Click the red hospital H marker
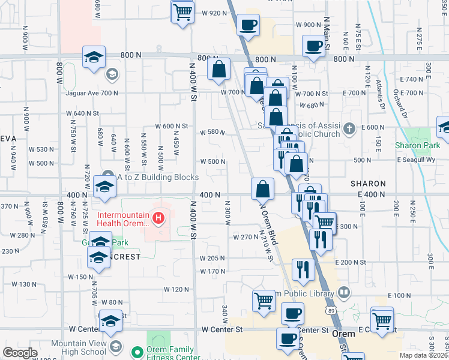pos(158,218)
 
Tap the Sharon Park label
pos(418,145)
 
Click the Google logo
pos(20,353)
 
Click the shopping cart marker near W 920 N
pos(183,12)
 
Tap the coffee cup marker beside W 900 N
pos(248,25)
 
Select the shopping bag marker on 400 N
pos(262,189)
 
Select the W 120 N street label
pos(176,289)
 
